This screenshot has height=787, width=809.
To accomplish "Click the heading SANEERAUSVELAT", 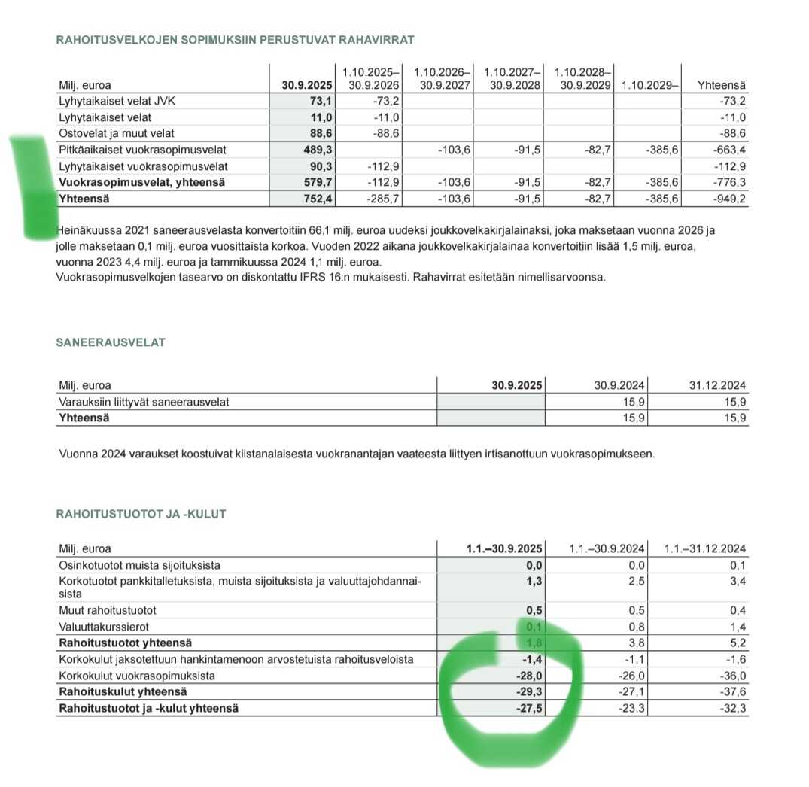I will click(111, 342).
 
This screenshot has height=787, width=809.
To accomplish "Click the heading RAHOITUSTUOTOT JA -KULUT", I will click(141, 514).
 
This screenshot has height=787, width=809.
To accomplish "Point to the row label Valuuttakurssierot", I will click(104, 627).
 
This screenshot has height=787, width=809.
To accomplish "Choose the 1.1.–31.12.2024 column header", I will click(704, 548).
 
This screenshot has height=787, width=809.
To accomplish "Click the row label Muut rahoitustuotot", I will click(108, 610).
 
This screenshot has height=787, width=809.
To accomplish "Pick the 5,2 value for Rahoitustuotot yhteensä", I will click(738, 643).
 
